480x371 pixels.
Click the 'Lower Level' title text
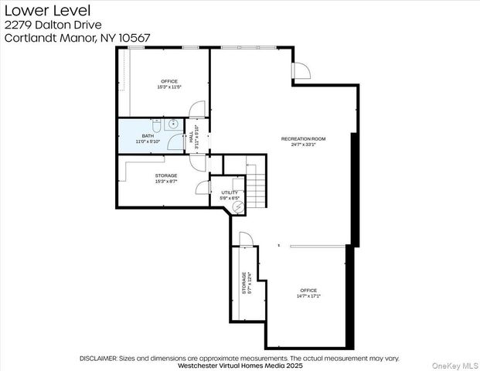click(36, 10)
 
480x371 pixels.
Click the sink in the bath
click(174, 123)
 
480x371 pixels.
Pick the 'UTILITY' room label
click(230, 192)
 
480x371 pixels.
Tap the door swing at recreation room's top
click(301, 71)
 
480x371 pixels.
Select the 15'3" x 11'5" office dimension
click(169, 87)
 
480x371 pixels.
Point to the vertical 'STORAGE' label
click(244, 283)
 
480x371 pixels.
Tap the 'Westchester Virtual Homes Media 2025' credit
click(240, 366)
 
